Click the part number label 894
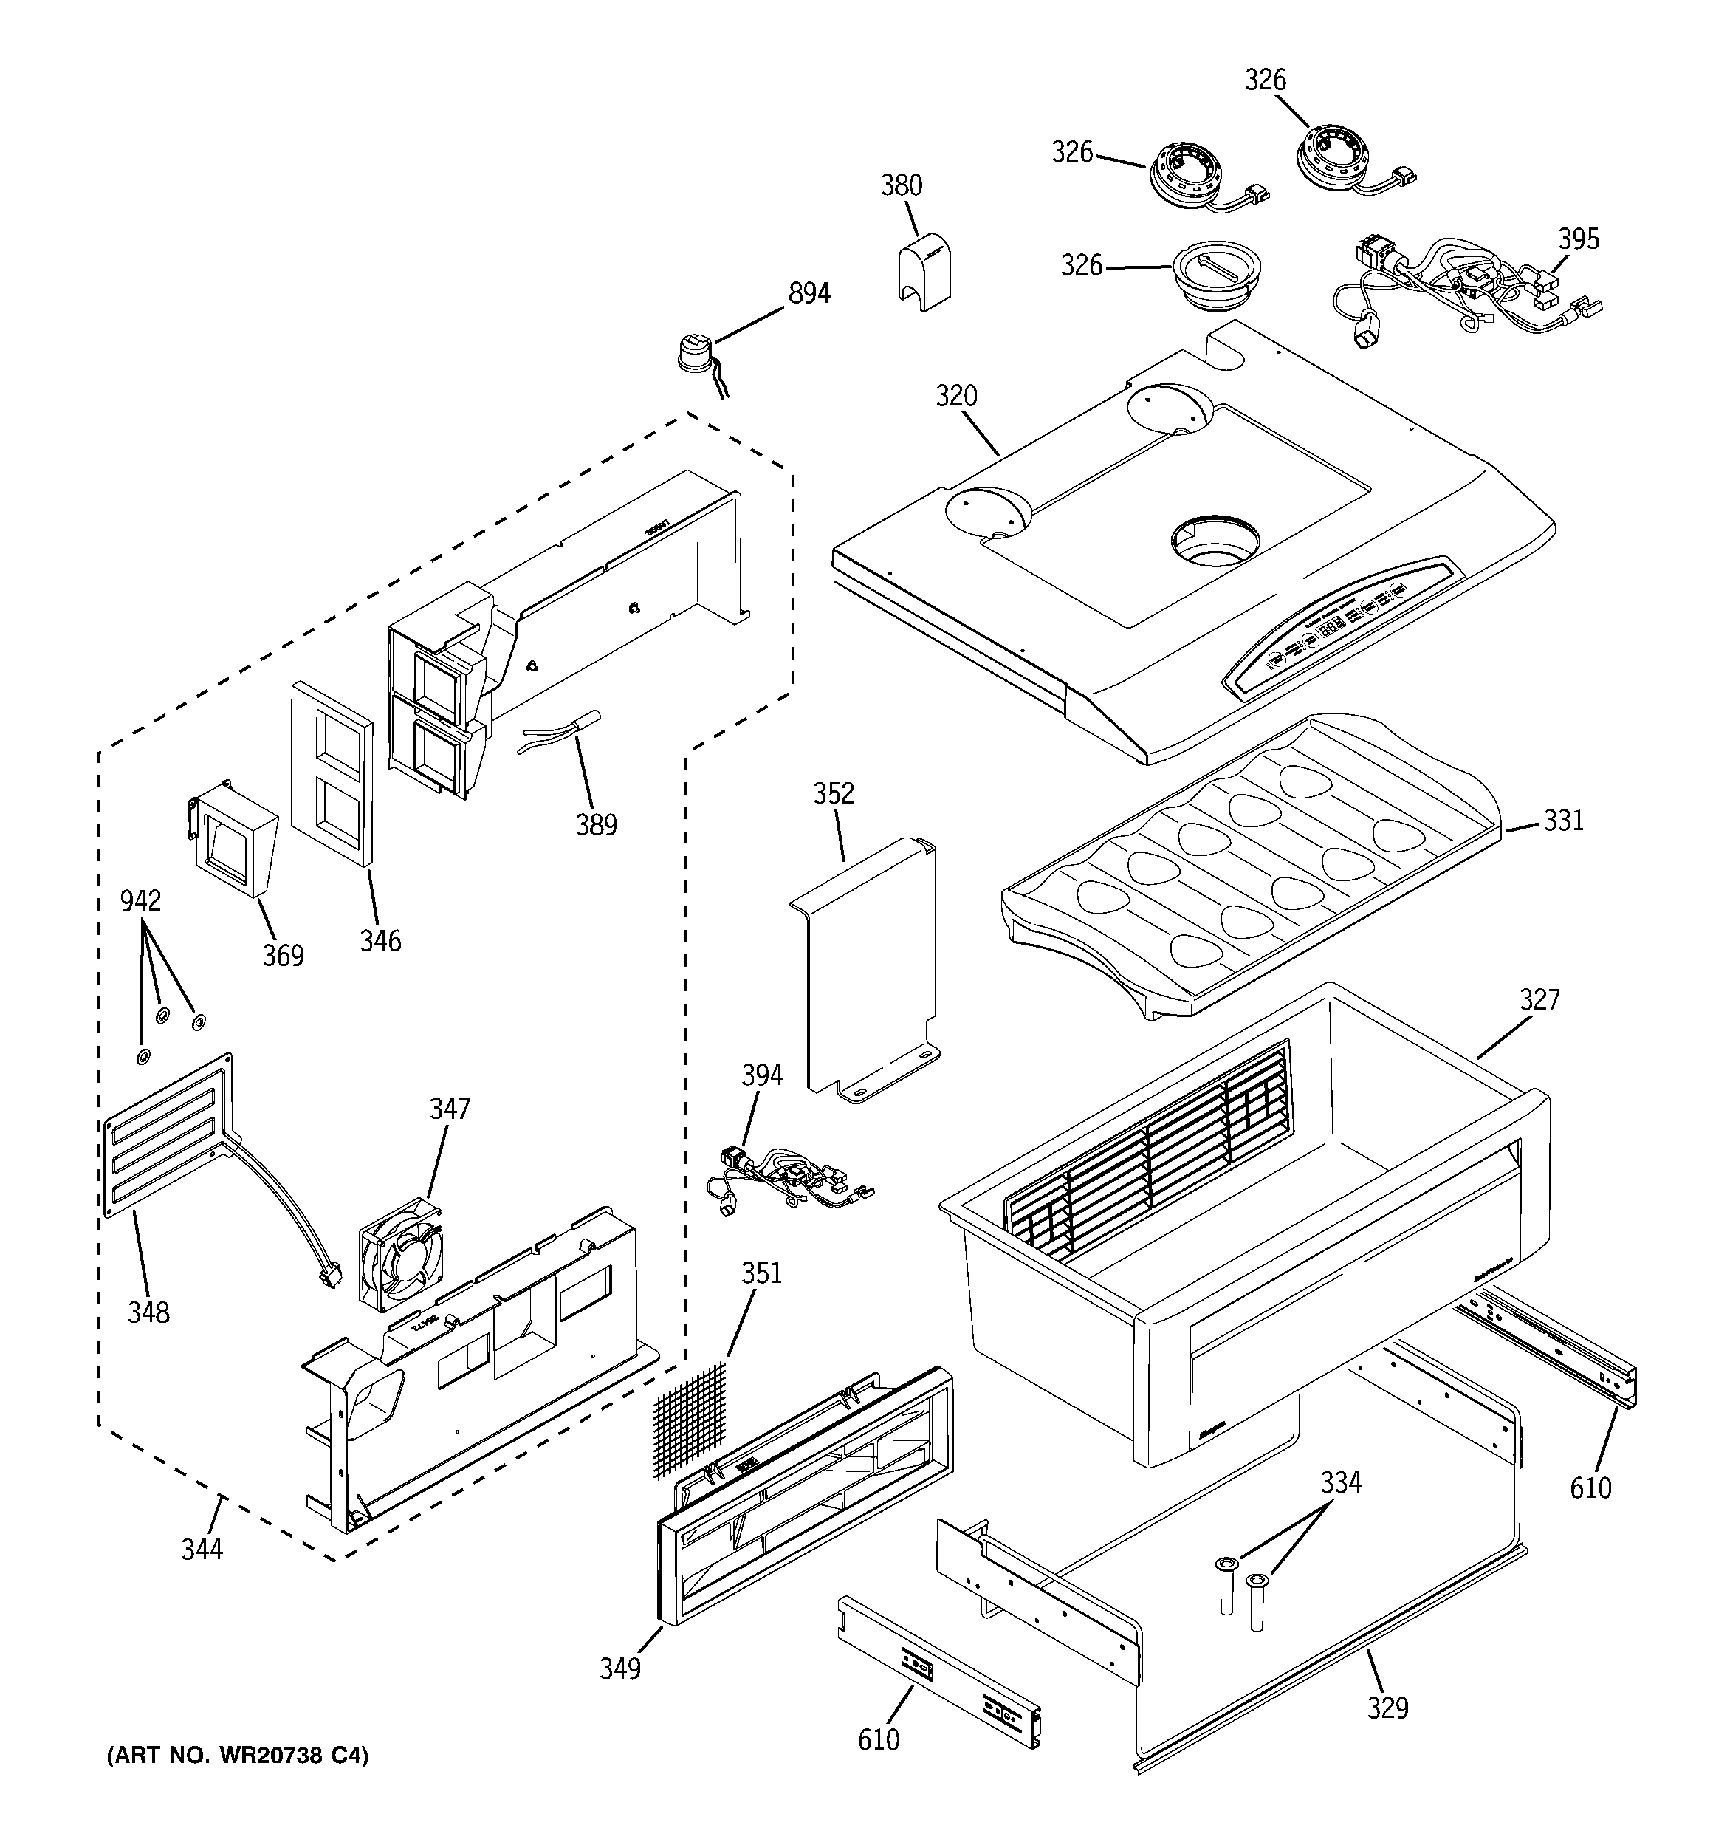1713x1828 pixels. (x=809, y=293)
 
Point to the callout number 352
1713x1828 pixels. (x=833, y=793)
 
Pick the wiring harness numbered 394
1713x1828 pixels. (x=782, y=1187)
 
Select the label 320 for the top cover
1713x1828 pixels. (x=955, y=397)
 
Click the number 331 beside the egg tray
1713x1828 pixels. (x=1563, y=821)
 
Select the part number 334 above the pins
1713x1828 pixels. (x=1341, y=1483)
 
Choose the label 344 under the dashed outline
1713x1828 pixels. (x=202, y=1550)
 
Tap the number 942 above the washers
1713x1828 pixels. (x=141, y=901)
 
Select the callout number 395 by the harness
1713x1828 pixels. (x=1578, y=239)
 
